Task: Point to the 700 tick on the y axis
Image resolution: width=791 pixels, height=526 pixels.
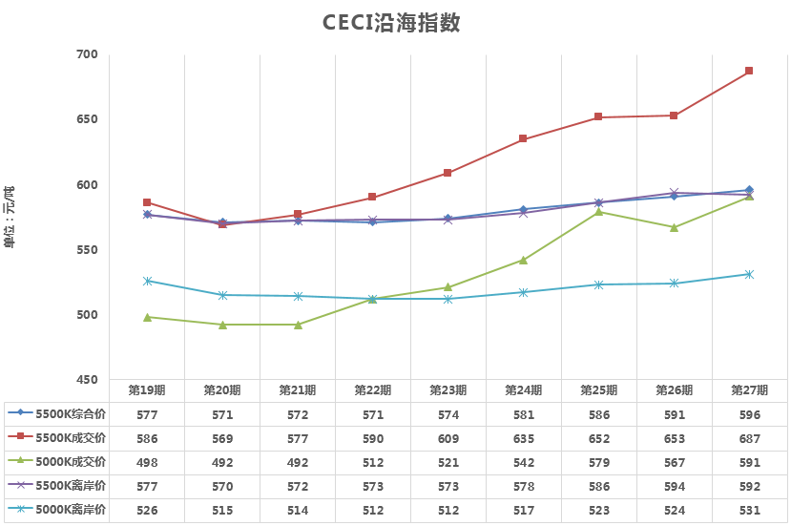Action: [87, 54]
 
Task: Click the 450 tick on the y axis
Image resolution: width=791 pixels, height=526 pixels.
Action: [87, 380]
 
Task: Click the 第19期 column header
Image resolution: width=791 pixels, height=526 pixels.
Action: [147, 390]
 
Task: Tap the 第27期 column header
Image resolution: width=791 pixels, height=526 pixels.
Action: [749, 390]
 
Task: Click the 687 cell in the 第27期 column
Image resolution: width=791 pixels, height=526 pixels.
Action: [749, 438]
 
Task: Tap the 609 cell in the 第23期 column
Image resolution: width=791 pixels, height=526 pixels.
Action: [448, 438]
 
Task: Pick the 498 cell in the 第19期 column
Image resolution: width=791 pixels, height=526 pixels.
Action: [147, 462]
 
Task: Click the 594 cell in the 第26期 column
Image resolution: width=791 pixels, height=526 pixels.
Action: [674, 487]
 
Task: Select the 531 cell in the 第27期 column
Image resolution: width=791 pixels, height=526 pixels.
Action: [749, 511]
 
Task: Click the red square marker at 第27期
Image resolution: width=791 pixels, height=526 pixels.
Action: [749, 71]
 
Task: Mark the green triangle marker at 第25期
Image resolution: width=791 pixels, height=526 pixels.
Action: [598, 211]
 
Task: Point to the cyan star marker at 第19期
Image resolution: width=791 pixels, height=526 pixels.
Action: [147, 281]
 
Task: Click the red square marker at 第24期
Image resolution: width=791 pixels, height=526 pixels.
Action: [523, 138]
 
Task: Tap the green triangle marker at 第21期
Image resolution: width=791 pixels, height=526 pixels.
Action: [298, 325]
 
